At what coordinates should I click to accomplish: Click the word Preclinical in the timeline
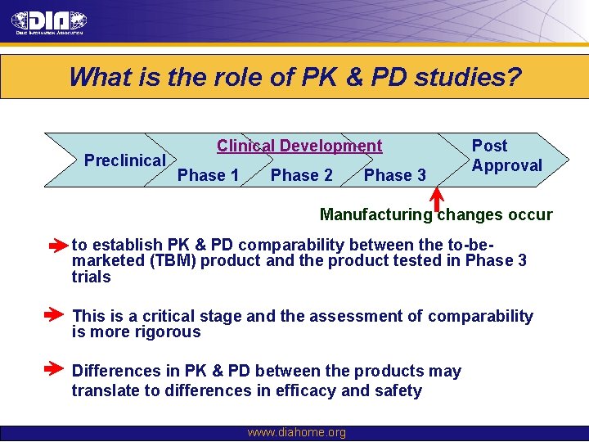[125, 160]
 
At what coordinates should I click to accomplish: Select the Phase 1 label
[208, 175]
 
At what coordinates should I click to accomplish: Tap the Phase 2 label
[301, 175]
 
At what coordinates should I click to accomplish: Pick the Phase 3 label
[394, 175]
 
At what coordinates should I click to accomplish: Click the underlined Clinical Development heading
[299, 147]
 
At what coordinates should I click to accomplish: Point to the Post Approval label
[506, 156]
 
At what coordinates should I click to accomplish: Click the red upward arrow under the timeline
[437, 199]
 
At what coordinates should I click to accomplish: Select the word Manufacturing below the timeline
[375, 215]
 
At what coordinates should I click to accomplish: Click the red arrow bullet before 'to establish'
[58, 245]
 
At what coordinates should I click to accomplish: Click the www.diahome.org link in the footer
[296, 432]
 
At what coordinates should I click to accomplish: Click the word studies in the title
[468, 78]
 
